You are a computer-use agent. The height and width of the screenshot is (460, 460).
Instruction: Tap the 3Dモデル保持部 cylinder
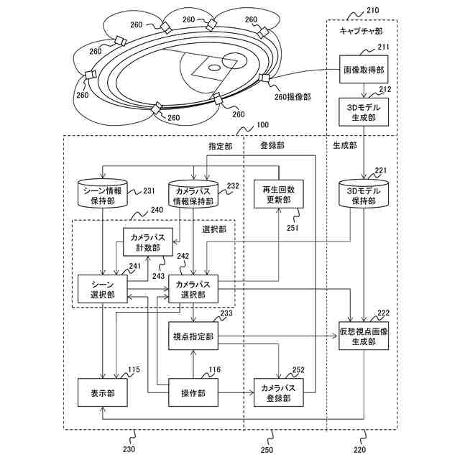tap(363, 195)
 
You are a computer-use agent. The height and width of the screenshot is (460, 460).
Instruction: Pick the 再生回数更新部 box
tap(277, 193)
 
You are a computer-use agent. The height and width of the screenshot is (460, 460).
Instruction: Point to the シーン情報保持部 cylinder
tap(103, 195)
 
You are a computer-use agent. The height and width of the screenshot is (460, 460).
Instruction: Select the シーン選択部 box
tap(103, 289)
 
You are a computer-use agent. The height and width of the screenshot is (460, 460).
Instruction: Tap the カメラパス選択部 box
tap(193, 289)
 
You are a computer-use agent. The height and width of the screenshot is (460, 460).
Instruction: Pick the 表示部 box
tap(103, 393)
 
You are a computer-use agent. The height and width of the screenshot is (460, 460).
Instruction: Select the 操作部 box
tap(193, 393)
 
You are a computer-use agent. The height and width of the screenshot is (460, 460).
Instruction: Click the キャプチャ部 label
tap(361, 32)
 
